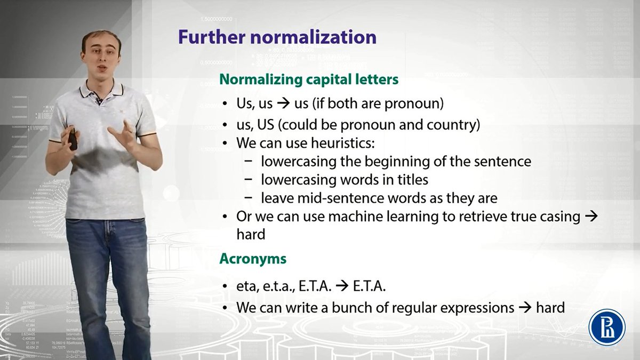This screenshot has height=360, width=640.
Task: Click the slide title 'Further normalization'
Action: [277, 37]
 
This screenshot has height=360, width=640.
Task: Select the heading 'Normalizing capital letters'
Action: [309, 79]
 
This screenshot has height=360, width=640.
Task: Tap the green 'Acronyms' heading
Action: [253, 259]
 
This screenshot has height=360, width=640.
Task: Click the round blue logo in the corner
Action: [606, 327]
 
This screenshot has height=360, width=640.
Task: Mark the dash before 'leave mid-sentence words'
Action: [249, 198]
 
